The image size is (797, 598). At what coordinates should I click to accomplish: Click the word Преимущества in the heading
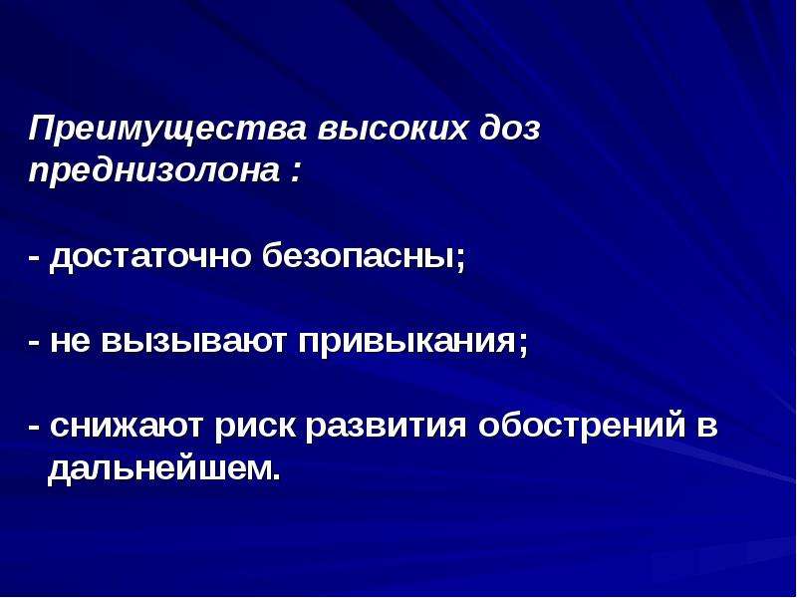tap(167, 131)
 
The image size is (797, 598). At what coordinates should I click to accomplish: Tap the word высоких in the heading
tap(392, 130)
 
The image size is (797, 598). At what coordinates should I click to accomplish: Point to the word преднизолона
tap(154, 171)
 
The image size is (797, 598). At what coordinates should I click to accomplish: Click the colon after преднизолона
tap(295, 172)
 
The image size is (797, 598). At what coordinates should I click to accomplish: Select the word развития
tap(387, 428)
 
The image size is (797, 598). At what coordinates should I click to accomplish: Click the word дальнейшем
tap(163, 468)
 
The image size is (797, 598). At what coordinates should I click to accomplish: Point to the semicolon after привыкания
tap(524, 345)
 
